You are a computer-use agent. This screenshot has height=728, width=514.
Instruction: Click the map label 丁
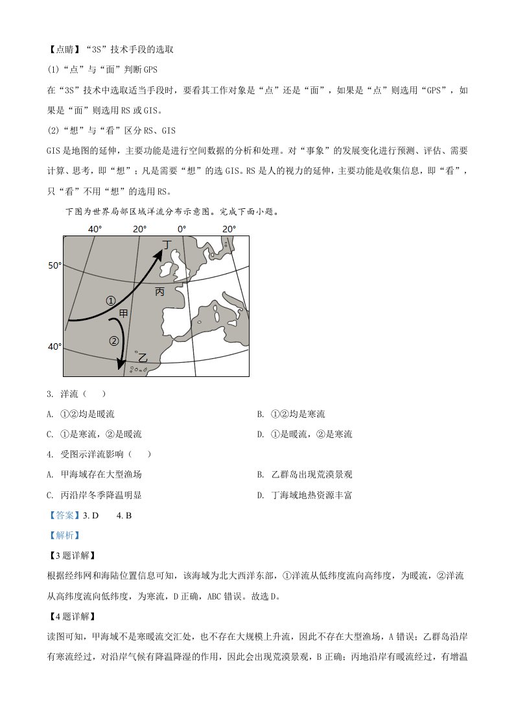click(x=168, y=244)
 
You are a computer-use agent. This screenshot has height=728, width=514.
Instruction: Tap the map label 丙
click(x=160, y=292)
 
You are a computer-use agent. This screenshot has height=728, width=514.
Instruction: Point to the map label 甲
click(x=123, y=313)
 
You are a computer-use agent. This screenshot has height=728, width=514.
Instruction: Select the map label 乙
click(x=143, y=358)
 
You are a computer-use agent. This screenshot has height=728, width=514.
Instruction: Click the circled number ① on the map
click(x=111, y=300)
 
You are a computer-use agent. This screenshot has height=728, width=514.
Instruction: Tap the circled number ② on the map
click(x=114, y=341)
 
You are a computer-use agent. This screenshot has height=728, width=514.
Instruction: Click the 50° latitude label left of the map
click(x=54, y=265)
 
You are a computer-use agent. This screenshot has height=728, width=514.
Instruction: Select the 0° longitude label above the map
click(x=181, y=229)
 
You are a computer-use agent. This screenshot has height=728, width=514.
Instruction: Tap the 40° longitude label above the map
click(x=95, y=229)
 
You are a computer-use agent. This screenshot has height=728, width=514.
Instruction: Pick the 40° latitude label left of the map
click(x=54, y=346)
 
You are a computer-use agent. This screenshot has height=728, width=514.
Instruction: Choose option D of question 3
click(x=305, y=434)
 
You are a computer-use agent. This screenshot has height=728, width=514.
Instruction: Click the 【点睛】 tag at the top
click(x=60, y=49)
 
